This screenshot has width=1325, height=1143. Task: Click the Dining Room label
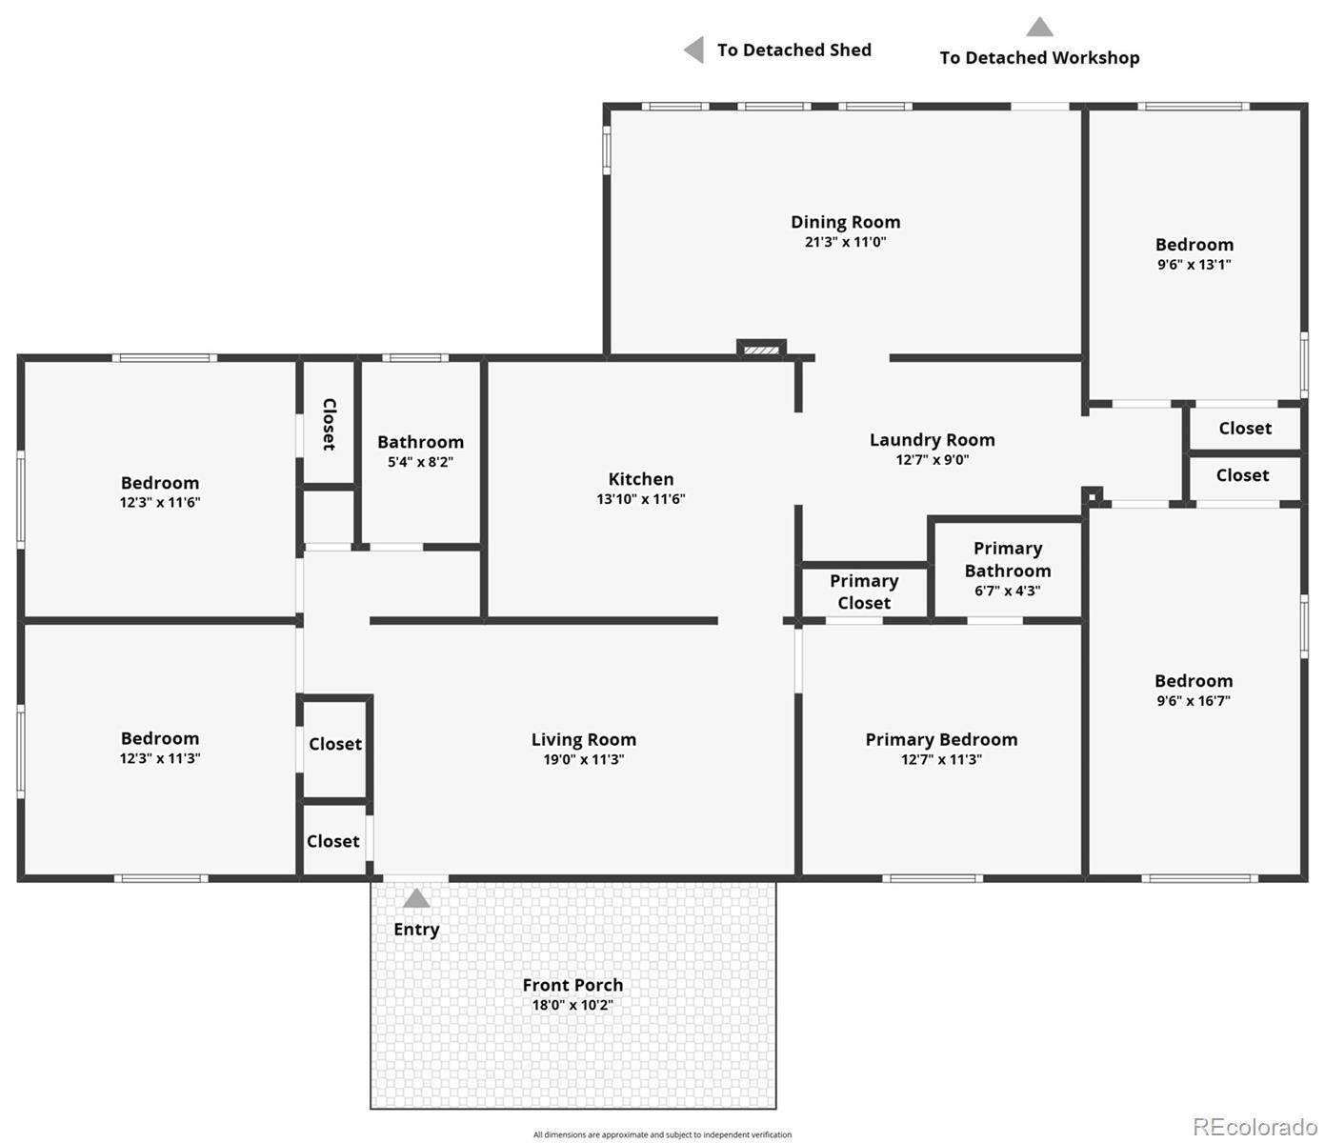(845, 222)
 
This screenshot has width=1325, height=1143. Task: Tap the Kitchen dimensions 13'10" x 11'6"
(640, 499)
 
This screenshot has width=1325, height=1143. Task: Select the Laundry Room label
(932, 440)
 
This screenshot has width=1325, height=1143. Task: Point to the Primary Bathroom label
(1008, 560)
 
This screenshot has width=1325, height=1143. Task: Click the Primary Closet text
(864, 592)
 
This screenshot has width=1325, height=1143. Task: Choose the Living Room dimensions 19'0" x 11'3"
(583, 759)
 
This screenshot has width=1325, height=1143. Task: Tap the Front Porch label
(572, 985)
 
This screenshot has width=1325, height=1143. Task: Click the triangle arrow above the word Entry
(416, 897)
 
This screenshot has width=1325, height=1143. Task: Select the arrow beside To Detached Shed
(693, 50)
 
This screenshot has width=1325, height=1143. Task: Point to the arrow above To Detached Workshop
(1039, 27)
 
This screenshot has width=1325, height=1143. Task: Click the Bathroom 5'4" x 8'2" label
(420, 451)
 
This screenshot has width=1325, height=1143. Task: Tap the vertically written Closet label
(329, 425)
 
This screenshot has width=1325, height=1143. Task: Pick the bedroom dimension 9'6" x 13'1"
(1195, 264)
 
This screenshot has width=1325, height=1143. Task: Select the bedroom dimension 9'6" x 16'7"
(1194, 701)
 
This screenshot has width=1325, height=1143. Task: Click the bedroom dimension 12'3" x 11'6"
(160, 502)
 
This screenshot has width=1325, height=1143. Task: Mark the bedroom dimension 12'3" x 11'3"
(160, 758)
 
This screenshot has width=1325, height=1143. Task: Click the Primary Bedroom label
(941, 740)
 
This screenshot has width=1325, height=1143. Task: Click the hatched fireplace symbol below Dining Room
(761, 350)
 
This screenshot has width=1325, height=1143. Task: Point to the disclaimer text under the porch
(662, 1134)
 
